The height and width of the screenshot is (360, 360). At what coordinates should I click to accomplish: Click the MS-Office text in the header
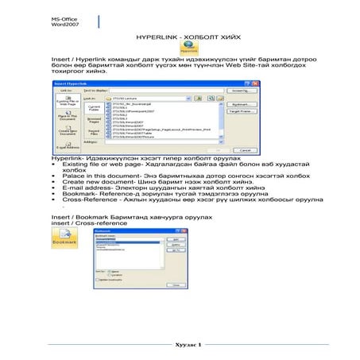[x=66, y=16]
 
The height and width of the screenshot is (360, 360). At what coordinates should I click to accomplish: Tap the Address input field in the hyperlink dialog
[x=159, y=141]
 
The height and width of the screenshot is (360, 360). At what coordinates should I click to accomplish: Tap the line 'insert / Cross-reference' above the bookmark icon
[x=87, y=223]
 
